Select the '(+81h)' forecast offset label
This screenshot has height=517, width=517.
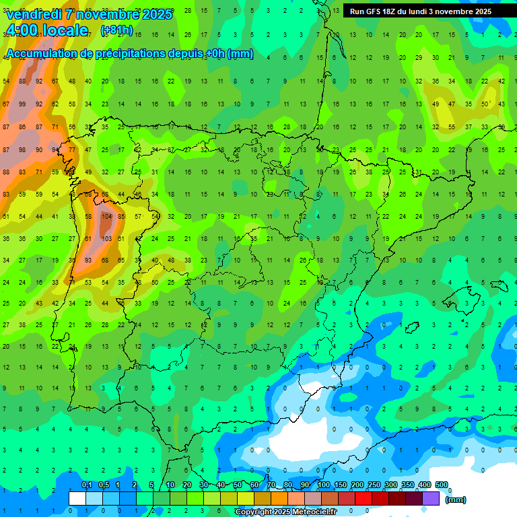click(116, 31)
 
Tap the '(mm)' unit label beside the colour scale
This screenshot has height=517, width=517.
click(456, 499)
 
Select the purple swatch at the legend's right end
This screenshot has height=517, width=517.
click(431, 498)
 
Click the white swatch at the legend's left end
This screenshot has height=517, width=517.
click(77, 498)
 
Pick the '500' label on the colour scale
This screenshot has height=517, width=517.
click(442, 485)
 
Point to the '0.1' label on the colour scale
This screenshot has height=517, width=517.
click(87, 485)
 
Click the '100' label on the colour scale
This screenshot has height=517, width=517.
click(324, 485)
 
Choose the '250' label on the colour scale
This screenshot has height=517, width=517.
click(374, 485)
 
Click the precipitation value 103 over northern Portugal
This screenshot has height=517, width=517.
click(106, 238)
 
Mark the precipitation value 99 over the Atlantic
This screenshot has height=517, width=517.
click(23, 104)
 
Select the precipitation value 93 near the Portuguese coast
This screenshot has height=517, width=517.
click(88, 260)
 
